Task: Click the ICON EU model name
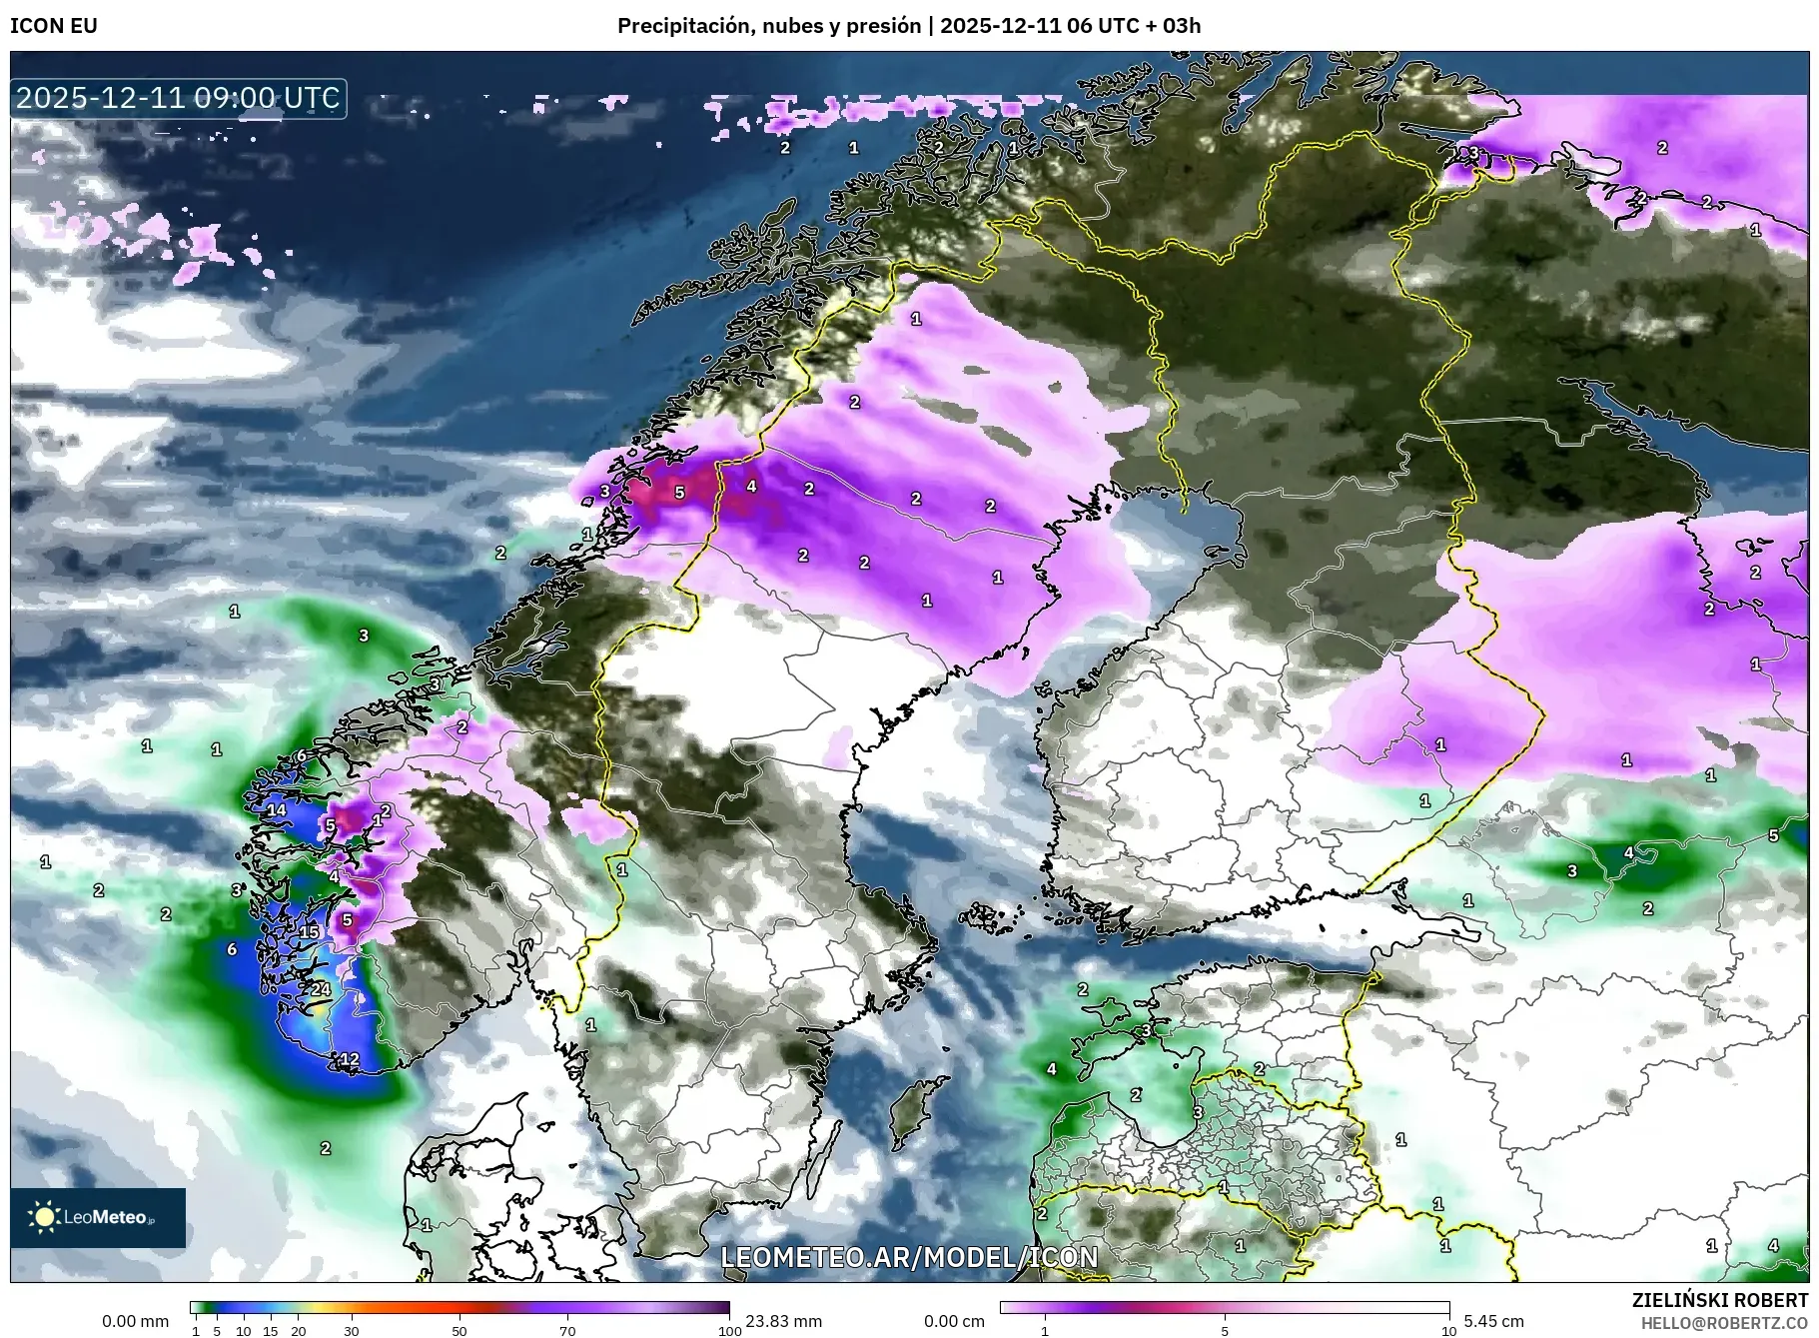(x=54, y=26)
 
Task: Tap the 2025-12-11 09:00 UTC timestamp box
(x=179, y=98)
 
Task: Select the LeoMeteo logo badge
(x=98, y=1217)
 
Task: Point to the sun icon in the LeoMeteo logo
(x=44, y=1217)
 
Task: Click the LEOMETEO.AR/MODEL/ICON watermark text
(x=909, y=1257)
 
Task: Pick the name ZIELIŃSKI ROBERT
(x=1719, y=1300)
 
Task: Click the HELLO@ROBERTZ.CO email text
(x=1724, y=1323)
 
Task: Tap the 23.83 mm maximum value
(x=783, y=1321)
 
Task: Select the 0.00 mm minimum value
(x=135, y=1321)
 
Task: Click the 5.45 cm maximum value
(x=1493, y=1321)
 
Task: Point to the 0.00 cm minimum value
(x=954, y=1321)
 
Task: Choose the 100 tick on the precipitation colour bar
(x=730, y=1330)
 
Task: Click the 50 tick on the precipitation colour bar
(x=458, y=1330)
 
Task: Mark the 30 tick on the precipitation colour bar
(x=351, y=1330)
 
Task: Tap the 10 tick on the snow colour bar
(x=1448, y=1330)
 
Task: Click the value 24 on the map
(x=320, y=989)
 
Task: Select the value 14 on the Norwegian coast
(x=276, y=810)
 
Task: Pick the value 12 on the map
(x=350, y=1059)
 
